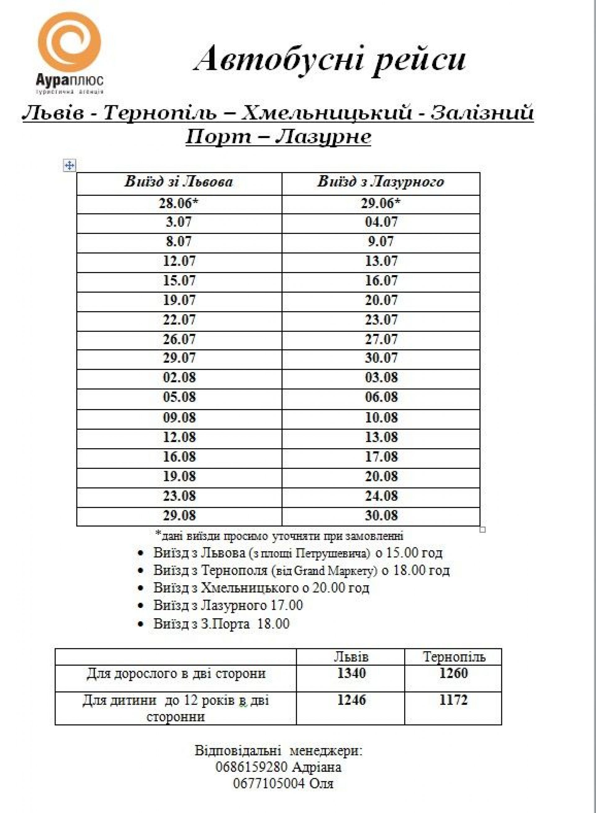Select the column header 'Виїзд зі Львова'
pos(178,182)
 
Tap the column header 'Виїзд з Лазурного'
pos(381,182)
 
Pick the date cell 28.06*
pos(178,204)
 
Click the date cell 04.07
pos(381,222)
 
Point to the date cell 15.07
pos(179,280)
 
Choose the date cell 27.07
pos(381,339)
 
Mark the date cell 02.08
pos(179,377)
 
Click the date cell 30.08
pos(381,515)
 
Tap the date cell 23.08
pos(179,496)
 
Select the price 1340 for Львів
pos(351,673)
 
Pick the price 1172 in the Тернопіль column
pos(453,700)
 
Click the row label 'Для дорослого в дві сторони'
pos(176,673)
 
